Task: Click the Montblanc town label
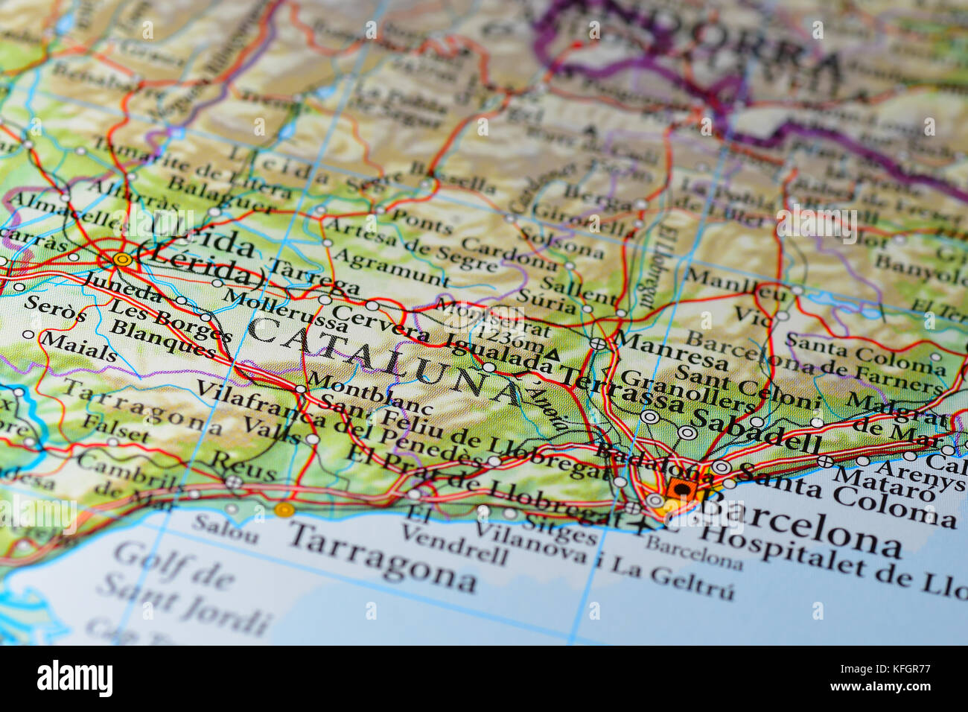tap(369, 392)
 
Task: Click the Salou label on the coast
tap(225, 528)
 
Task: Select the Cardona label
tap(509, 253)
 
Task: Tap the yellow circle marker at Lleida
tap(122, 259)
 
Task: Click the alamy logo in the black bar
tap(75, 678)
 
